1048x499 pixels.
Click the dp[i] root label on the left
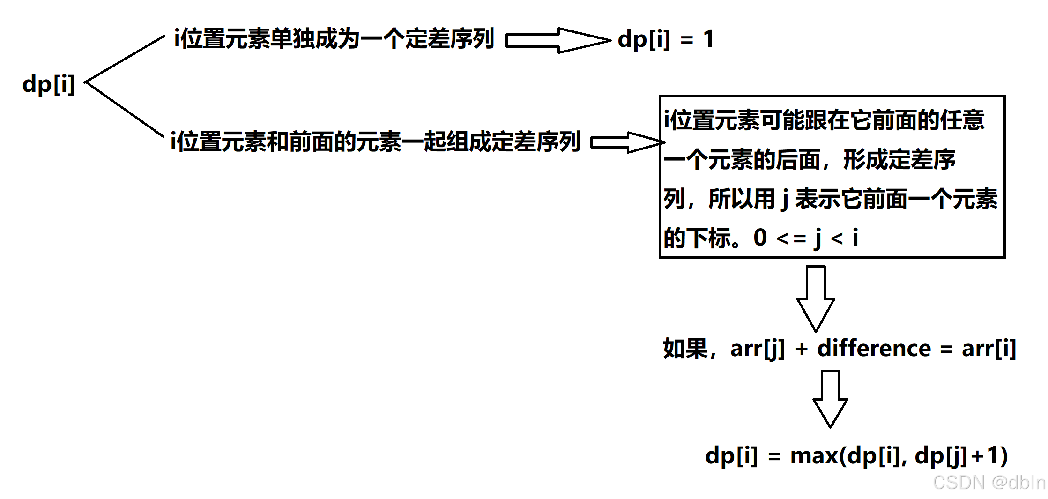click(48, 85)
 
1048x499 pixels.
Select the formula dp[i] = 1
click(665, 39)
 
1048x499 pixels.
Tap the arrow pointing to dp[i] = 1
click(557, 40)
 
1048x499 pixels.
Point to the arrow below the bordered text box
click(816, 298)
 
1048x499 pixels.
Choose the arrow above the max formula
click(830, 398)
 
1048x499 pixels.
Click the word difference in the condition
click(874, 349)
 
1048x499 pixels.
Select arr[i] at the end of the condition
click(989, 349)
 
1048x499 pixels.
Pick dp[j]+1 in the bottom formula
click(960, 456)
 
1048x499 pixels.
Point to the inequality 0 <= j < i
click(806, 238)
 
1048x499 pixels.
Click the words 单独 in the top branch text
click(292, 38)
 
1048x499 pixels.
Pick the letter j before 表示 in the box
click(785, 200)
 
